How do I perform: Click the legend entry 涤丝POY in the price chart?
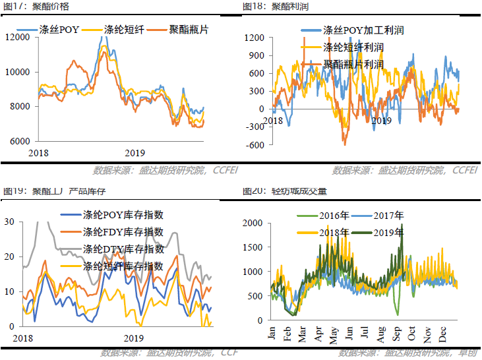tap(59, 30)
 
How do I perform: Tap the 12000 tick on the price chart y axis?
tap(18, 37)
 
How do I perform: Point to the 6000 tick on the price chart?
tap(20, 141)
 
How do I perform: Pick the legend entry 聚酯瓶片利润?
tap(353, 65)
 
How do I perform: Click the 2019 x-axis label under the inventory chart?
tap(134, 338)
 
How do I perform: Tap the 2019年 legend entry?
tap(388, 232)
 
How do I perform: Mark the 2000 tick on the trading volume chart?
tap(253, 223)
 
